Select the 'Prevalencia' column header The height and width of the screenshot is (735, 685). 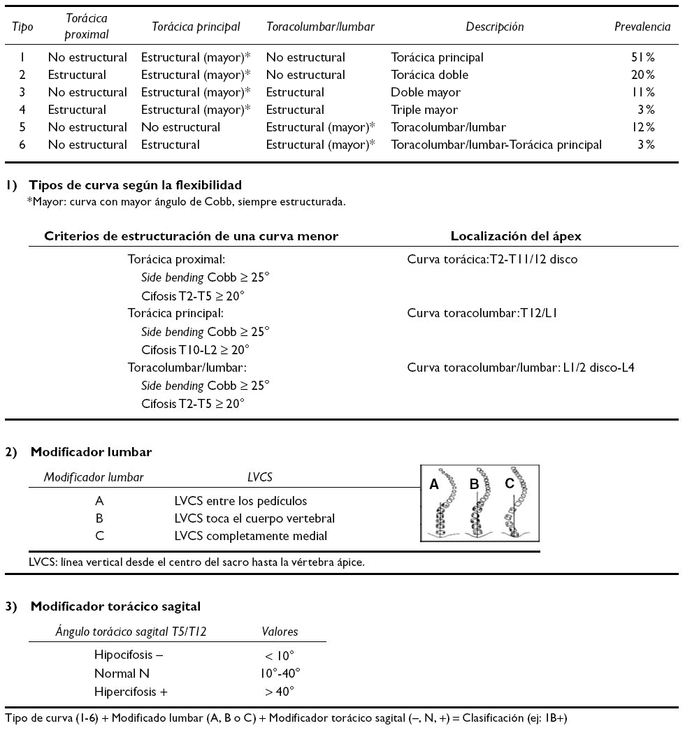[x=642, y=27]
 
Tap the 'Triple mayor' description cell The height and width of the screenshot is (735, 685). [x=424, y=110]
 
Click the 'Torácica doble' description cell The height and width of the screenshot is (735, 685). [x=430, y=75]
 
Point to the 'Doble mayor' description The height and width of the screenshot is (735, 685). [x=426, y=92]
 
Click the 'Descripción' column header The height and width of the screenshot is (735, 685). [x=495, y=27]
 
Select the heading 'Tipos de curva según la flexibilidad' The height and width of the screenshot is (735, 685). [x=135, y=186]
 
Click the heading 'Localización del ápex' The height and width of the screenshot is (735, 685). [x=516, y=237]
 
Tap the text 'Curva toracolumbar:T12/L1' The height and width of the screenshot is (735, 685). [x=482, y=314]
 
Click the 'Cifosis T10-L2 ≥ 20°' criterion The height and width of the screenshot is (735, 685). [x=195, y=349]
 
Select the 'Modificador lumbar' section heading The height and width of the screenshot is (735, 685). [x=91, y=452]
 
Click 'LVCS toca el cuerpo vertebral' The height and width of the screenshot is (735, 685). [x=254, y=518]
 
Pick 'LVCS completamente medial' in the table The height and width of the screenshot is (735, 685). [x=250, y=536]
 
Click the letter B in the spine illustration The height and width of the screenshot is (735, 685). [x=473, y=483]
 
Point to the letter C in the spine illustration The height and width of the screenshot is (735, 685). [x=509, y=483]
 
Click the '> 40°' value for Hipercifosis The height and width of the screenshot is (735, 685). [x=279, y=692]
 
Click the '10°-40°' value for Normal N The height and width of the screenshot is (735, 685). [x=279, y=674]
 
